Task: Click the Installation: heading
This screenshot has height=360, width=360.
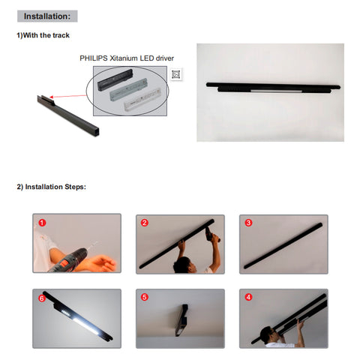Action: click(47, 16)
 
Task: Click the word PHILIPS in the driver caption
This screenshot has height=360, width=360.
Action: click(94, 58)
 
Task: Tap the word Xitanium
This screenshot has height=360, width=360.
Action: click(124, 58)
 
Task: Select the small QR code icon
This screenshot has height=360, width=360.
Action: click(176, 74)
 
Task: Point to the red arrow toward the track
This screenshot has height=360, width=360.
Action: click(68, 96)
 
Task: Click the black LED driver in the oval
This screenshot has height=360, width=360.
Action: click(115, 80)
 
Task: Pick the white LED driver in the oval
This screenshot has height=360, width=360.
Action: click(142, 100)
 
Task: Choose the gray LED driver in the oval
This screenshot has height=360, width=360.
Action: click(129, 89)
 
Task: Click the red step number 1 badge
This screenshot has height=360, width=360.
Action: click(42, 223)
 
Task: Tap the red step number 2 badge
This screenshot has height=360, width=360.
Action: click(145, 223)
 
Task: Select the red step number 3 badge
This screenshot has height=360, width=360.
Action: click(248, 223)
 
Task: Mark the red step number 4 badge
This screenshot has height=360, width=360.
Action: click(248, 297)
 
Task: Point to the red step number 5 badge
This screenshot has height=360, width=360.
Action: click(145, 297)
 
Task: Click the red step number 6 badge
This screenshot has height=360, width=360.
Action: click(42, 298)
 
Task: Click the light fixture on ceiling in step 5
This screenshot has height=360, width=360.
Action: click(181, 320)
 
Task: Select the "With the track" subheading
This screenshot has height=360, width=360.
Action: click(43, 35)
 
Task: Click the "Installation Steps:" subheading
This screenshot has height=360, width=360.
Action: click(51, 187)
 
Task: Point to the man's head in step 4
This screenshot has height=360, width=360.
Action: click(268, 334)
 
